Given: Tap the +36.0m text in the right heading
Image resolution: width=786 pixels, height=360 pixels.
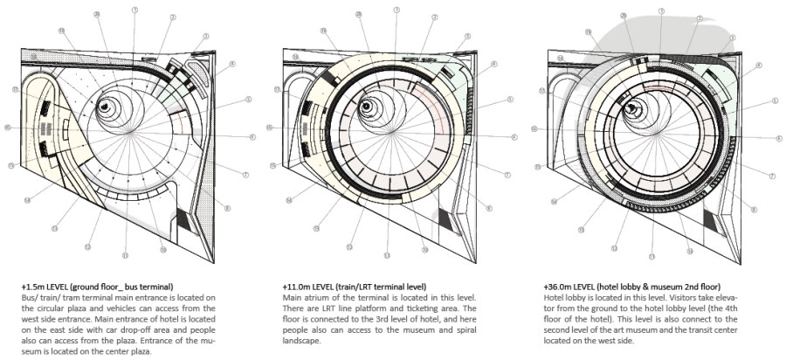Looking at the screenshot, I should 559,287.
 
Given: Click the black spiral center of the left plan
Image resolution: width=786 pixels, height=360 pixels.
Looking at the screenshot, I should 105,106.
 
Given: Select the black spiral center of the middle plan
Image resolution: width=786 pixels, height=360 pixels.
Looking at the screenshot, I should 366,107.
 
